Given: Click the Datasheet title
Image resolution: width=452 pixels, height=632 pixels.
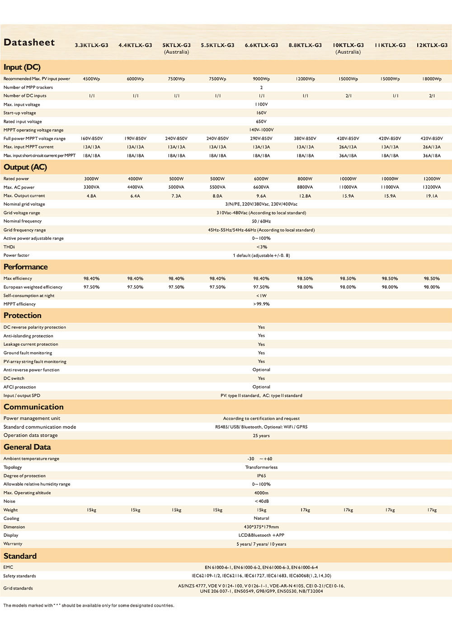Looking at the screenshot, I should [x=29, y=42].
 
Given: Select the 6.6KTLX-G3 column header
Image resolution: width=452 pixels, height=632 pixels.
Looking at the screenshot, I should [x=261, y=45].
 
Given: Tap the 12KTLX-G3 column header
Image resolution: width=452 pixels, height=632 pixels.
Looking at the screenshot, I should [x=432, y=45].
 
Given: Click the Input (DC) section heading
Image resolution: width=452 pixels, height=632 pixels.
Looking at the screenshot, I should [x=22, y=67].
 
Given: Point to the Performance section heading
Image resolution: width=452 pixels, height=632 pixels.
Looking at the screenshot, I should [x=26, y=267].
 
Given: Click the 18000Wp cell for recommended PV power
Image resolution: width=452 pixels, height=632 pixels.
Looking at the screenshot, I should [x=432, y=79].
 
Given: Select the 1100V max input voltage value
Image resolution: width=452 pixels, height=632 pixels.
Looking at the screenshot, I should [x=261, y=104].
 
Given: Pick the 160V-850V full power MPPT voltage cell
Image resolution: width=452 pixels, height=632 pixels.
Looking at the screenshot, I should [x=91, y=139].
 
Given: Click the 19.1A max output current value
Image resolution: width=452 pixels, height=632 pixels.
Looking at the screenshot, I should [x=432, y=196].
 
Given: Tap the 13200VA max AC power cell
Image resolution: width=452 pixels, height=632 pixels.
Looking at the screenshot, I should [x=432, y=187].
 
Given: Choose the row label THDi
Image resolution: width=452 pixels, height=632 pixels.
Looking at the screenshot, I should [x=9, y=247].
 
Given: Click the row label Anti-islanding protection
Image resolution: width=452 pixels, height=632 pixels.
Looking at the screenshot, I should [x=28, y=336].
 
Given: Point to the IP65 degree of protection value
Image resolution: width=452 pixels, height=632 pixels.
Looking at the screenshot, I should [x=261, y=476].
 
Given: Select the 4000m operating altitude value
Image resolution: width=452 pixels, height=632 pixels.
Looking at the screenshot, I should [x=261, y=493].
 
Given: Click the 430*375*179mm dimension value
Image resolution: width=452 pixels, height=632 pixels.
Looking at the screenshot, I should [x=261, y=527].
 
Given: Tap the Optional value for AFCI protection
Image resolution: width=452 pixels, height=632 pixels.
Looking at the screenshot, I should [x=261, y=387].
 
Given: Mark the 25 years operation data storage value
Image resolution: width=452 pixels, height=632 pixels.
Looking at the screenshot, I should [x=261, y=436].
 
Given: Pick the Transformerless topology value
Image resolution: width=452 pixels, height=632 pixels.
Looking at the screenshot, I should [x=261, y=467].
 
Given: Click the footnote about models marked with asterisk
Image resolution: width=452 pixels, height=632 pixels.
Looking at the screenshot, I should [x=89, y=605].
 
